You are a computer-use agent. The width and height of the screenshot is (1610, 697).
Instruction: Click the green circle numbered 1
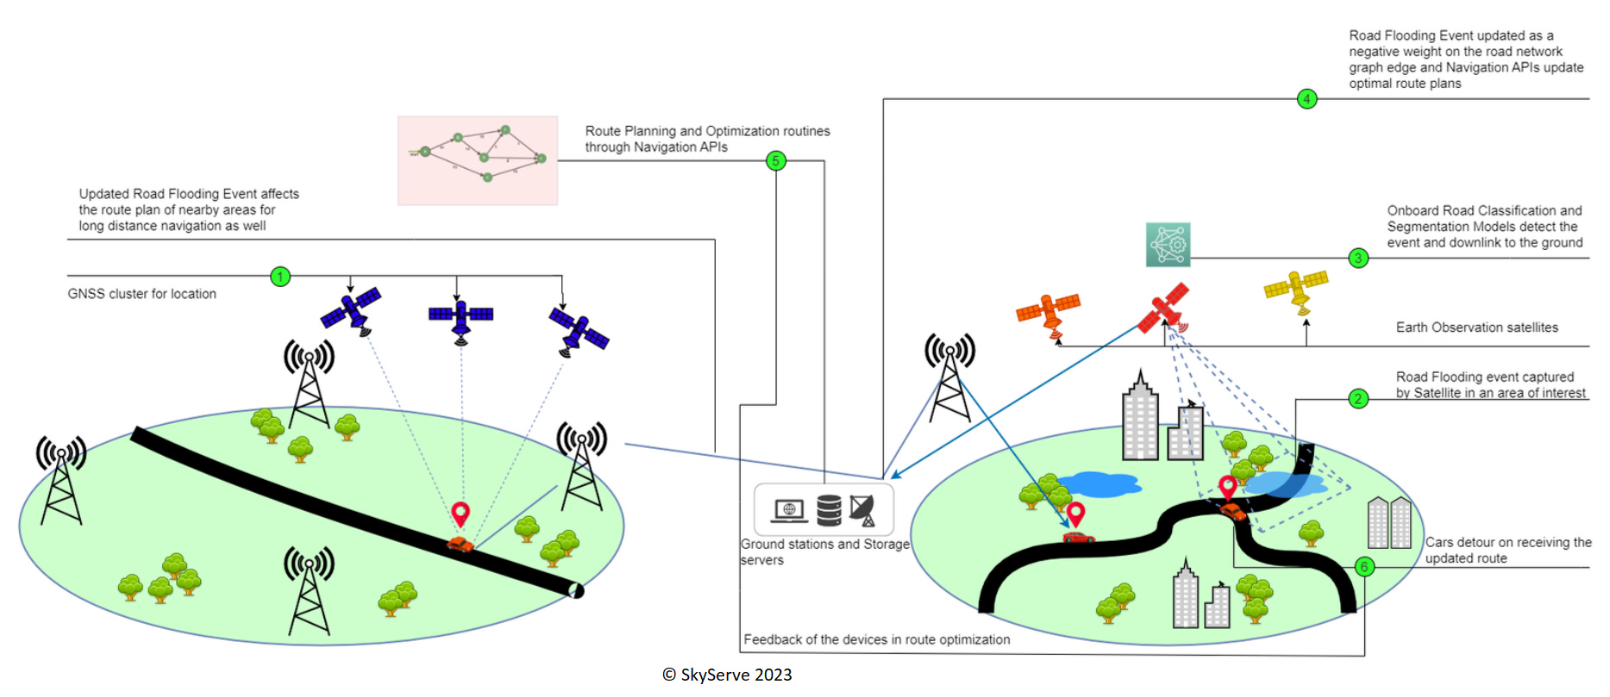280,277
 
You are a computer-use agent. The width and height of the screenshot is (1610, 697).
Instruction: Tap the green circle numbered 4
1306,99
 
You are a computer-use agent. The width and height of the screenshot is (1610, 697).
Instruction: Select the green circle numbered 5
776,161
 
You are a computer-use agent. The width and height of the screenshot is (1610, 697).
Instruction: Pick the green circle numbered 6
1364,567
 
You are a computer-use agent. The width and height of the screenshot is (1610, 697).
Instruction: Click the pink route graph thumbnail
478,160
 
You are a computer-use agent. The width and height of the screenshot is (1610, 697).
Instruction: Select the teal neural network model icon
1168,245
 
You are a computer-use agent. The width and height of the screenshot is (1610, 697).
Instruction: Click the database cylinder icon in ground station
829,510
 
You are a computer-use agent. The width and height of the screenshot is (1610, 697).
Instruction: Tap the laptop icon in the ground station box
788,511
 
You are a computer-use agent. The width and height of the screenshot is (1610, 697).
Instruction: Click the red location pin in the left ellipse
460,513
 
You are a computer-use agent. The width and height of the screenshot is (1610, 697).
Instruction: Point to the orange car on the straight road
460,544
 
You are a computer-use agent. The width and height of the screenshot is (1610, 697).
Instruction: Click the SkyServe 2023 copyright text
727,675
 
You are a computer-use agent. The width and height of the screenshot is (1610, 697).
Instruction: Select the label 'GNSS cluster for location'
142,294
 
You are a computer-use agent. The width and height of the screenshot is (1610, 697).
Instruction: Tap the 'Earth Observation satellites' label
1476,327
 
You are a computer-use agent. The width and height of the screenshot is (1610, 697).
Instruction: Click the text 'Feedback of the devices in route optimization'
876,639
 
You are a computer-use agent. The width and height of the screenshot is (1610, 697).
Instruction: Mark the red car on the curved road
1078,538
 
